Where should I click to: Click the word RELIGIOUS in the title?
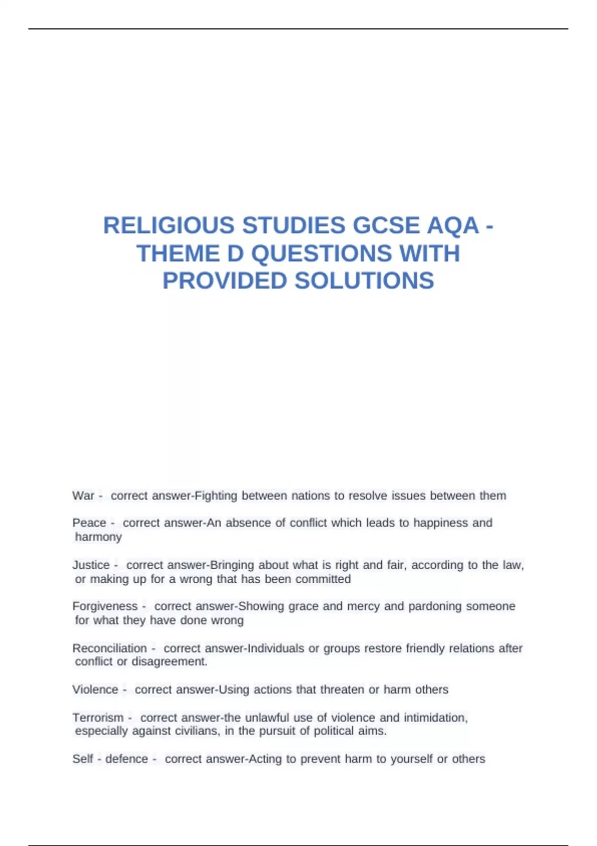(x=168, y=225)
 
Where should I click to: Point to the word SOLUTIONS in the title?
(x=364, y=281)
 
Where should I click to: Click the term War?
(x=83, y=496)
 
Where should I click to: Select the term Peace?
(x=89, y=523)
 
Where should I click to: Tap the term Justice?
(x=91, y=565)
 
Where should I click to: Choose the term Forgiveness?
(x=104, y=606)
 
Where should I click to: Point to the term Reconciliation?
(x=109, y=648)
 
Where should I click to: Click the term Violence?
(x=95, y=690)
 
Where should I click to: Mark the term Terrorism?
(x=98, y=718)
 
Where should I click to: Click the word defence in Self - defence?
(x=126, y=759)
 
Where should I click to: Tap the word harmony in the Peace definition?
(x=98, y=536)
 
